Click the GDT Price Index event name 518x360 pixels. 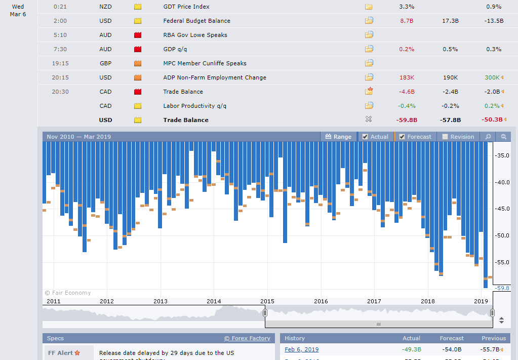tap(186, 7)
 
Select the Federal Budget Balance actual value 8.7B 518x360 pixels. tap(407, 21)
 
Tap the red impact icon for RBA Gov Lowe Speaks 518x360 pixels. tap(138, 35)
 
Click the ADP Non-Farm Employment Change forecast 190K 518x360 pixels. tap(450, 77)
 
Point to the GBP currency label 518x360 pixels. tap(105, 63)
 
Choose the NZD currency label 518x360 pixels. tap(105, 7)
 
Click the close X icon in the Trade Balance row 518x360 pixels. tap(369, 119)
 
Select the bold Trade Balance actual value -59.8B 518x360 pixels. tap(407, 120)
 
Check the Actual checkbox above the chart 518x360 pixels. tap(365, 137)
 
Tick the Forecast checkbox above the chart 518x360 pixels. tap(402, 137)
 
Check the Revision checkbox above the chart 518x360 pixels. tap(445, 137)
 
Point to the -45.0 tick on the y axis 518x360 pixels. tap(503, 209)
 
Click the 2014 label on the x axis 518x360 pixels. tap(214, 301)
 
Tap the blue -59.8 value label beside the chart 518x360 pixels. tap(502, 288)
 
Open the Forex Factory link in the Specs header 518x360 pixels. tap(247, 338)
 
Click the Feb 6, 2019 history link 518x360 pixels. tap(302, 349)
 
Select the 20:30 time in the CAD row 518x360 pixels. tap(60, 92)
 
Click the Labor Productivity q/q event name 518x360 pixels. tap(194, 106)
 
